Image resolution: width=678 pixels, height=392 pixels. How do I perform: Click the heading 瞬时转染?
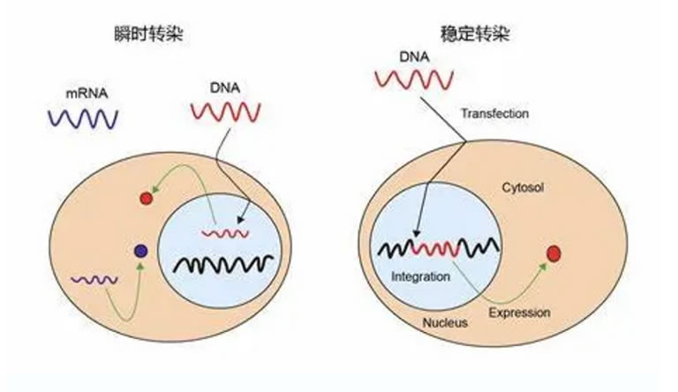(148, 34)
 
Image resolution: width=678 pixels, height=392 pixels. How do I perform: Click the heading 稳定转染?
(475, 34)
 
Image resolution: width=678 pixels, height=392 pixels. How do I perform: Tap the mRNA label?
(87, 94)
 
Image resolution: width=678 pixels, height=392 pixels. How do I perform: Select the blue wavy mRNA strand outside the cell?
(83, 118)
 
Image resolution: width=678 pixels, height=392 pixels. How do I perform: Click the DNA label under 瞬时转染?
(225, 87)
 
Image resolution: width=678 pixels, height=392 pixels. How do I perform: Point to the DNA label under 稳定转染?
(414, 57)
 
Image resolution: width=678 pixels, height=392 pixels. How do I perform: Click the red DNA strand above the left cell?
(226, 112)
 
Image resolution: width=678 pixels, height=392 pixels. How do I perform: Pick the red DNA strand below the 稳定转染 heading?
(414, 80)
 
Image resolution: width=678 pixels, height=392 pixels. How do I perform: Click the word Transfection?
(494, 113)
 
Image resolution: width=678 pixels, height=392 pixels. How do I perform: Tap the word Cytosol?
(523, 187)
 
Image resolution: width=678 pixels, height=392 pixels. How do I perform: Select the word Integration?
(421, 276)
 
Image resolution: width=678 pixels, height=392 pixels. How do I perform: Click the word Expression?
(519, 313)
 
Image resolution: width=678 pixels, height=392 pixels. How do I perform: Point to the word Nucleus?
(445, 323)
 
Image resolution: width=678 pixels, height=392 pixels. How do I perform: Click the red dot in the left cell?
(147, 198)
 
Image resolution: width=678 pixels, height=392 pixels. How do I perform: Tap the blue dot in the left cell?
(141, 251)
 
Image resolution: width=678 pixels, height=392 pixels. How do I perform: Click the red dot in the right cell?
(554, 254)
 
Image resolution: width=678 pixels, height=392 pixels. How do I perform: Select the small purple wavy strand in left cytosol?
(94, 280)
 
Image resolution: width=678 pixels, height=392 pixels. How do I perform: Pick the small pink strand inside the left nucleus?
(225, 234)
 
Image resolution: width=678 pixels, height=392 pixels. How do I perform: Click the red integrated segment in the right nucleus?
(434, 248)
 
